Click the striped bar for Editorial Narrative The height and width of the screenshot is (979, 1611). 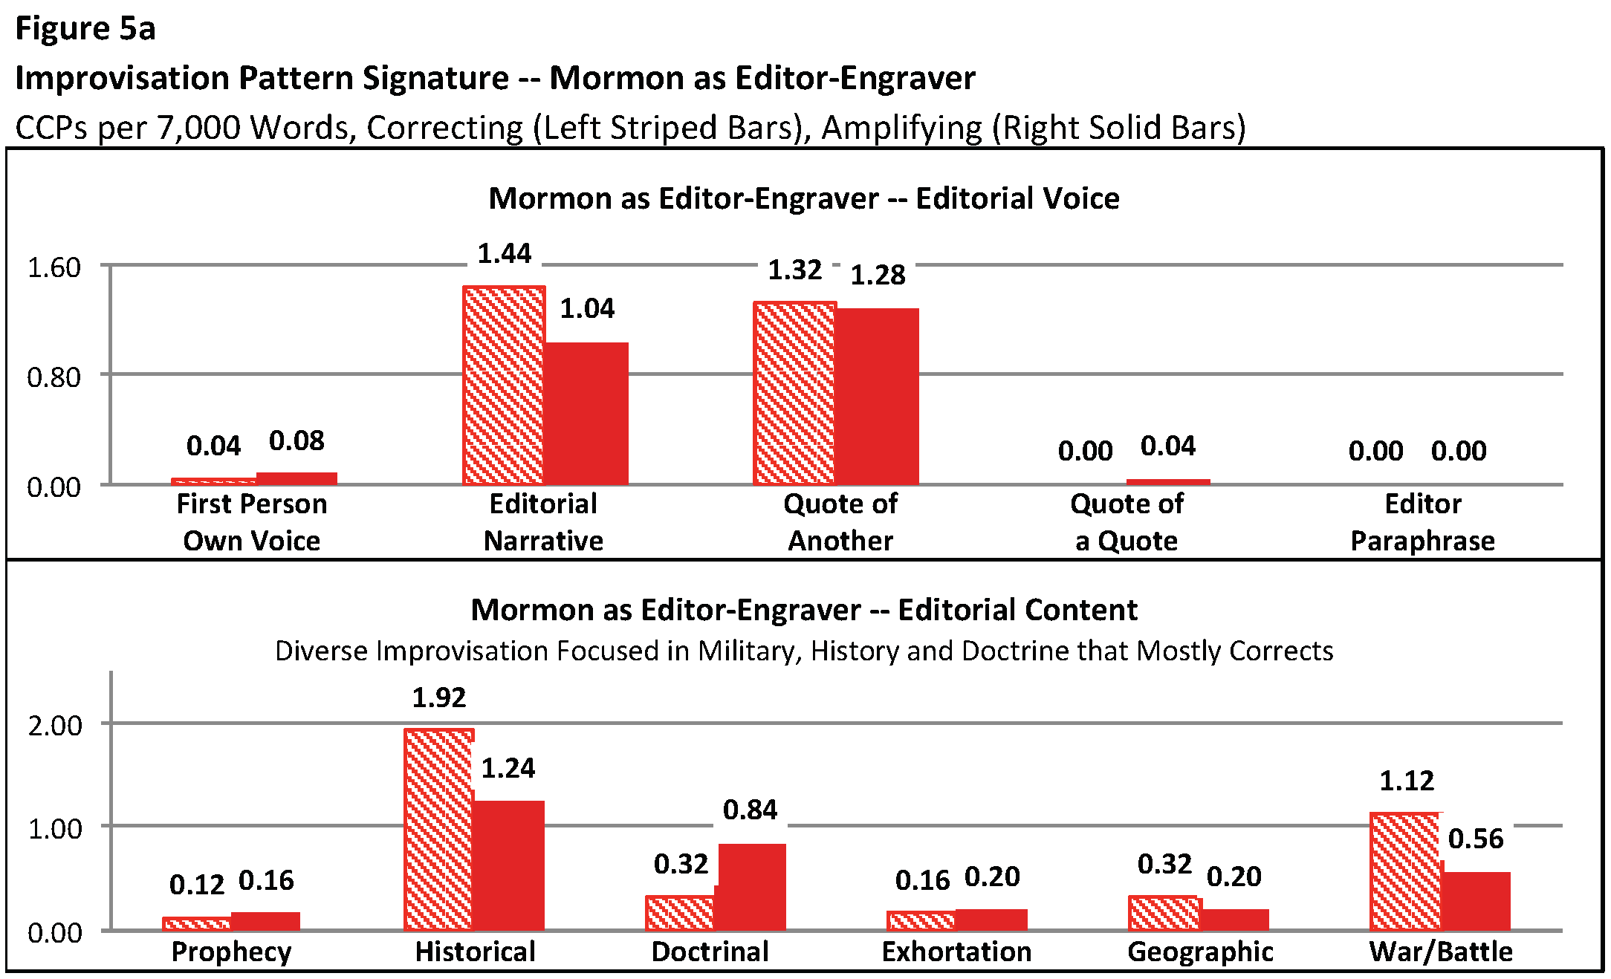click(x=504, y=386)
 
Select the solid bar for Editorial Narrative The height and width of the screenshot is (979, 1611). click(x=587, y=414)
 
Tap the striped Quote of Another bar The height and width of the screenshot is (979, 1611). click(x=794, y=394)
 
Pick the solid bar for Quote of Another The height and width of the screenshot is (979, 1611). click(x=878, y=397)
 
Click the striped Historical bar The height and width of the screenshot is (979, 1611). click(x=439, y=829)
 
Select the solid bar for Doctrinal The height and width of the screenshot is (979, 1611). click(x=752, y=887)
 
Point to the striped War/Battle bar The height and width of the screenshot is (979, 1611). click(x=1405, y=871)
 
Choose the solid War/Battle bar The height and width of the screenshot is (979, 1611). click(x=1477, y=901)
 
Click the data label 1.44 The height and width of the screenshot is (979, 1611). click(x=505, y=254)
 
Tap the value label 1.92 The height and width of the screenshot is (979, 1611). click(x=439, y=698)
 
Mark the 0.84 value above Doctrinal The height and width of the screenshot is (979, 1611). click(x=751, y=810)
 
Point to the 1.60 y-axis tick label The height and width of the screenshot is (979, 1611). click(x=54, y=267)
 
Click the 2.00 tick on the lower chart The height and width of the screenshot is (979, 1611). click(x=54, y=726)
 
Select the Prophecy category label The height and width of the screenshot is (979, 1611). click(x=231, y=952)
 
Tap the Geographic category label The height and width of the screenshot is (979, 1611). click(x=1200, y=952)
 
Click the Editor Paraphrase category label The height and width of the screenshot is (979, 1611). click(x=1422, y=522)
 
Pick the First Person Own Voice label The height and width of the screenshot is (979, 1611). click(x=252, y=522)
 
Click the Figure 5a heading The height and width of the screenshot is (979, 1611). click(x=85, y=29)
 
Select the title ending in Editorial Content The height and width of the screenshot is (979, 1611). click(x=804, y=610)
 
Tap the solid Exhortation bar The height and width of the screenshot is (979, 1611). click(x=991, y=920)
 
